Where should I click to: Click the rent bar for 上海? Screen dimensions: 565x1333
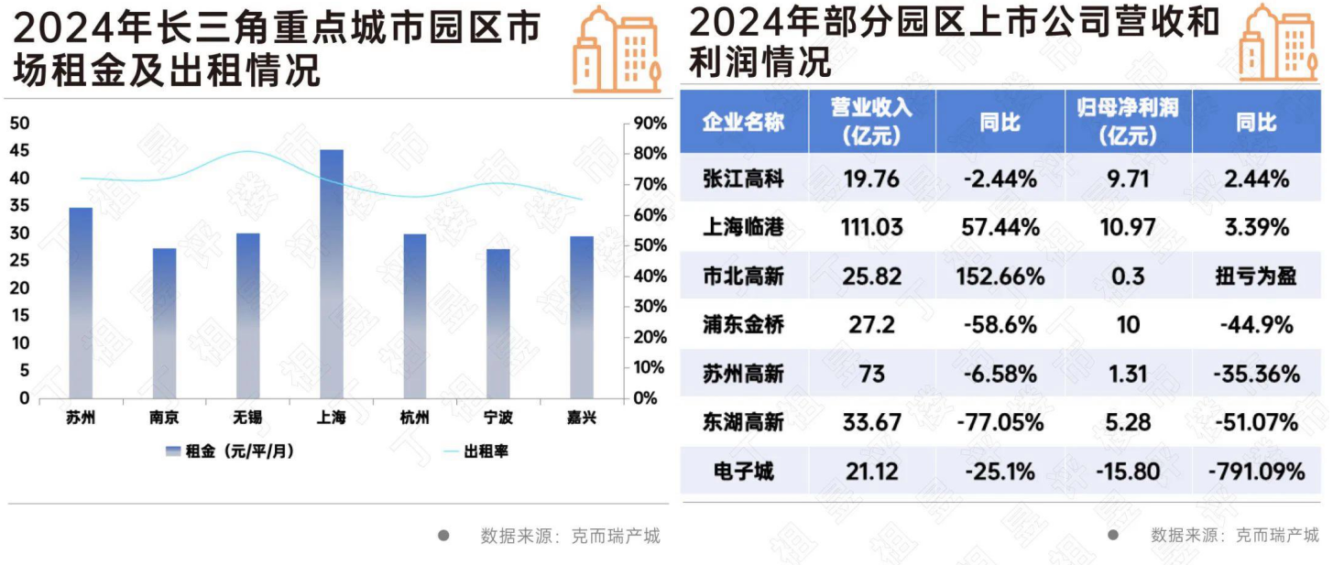tap(331, 275)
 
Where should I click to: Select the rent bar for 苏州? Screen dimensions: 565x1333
tap(81, 302)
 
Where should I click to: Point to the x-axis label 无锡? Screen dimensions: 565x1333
tap(247, 418)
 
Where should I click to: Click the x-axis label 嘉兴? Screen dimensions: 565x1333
tap(582, 418)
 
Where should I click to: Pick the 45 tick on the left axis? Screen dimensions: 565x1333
tap(19, 151)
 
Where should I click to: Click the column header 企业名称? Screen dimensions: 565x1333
tap(743, 122)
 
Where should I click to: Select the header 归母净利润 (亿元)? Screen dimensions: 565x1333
tap(1128, 122)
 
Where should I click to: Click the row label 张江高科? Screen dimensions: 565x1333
tap(743, 179)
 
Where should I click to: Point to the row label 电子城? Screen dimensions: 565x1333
tap(743, 473)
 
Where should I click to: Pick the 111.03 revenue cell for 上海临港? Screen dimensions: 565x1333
tap(871, 228)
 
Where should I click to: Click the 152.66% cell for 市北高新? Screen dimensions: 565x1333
tap(1000, 277)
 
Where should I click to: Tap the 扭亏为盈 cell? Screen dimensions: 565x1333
tap(1256, 277)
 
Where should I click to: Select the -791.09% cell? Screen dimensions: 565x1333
tap(1256, 473)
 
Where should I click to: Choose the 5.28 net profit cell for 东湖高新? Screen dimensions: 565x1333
tap(1128, 423)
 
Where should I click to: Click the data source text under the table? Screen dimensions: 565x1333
tap(1234, 536)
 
